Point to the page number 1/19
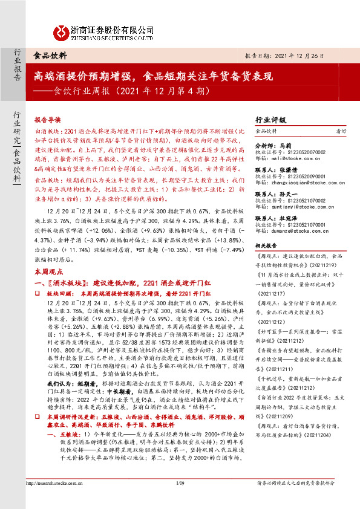pyautogui.click(x=179, y=499)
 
